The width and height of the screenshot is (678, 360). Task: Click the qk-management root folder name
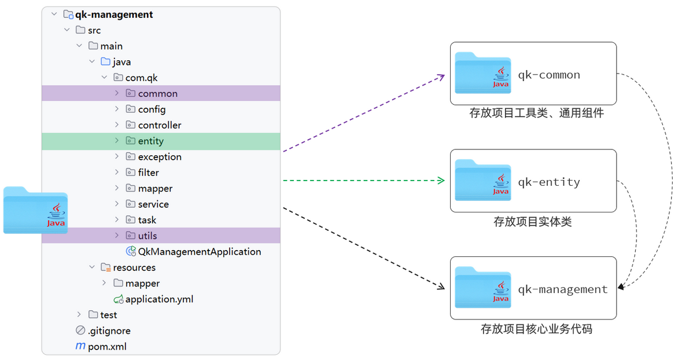pyautogui.click(x=114, y=14)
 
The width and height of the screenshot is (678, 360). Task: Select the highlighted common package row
pyautogui.click(x=161, y=93)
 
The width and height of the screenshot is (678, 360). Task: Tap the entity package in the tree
pyautogui.click(x=150, y=141)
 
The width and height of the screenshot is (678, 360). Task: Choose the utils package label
pyautogui.click(x=148, y=236)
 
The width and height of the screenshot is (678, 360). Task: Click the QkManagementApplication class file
pyautogui.click(x=200, y=252)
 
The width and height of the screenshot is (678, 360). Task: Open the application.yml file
pyautogui.click(x=159, y=299)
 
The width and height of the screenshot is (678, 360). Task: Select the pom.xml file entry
pyautogui.click(x=107, y=347)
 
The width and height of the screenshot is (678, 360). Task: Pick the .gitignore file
pyautogui.click(x=109, y=331)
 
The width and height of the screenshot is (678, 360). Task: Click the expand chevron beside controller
pyautogui.click(x=117, y=124)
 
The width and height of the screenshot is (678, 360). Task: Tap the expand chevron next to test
pyautogui.click(x=79, y=315)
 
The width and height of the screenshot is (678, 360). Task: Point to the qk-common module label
pyautogui.click(x=549, y=75)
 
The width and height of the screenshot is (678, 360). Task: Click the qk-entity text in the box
pyautogui.click(x=549, y=182)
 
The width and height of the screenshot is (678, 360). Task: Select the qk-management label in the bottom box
pyautogui.click(x=562, y=289)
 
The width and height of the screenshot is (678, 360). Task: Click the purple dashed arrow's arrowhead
pyautogui.click(x=441, y=77)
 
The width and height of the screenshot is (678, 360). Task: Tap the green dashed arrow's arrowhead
pyautogui.click(x=441, y=181)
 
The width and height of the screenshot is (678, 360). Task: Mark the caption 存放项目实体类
pyautogui.click(x=533, y=222)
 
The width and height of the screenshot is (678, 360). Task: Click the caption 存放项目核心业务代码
pyautogui.click(x=536, y=329)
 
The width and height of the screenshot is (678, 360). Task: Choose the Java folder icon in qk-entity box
pyautogui.click(x=483, y=180)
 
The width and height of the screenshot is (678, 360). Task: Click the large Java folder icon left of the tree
pyautogui.click(x=35, y=210)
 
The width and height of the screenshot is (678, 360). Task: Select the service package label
pyautogui.click(x=153, y=204)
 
